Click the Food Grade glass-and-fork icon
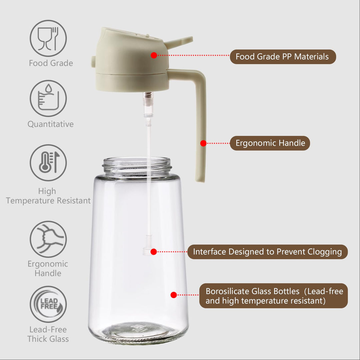(x=48, y=38)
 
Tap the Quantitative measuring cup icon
(x=48, y=98)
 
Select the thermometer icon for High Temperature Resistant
(x=48, y=163)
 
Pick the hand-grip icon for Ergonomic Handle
(x=48, y=239)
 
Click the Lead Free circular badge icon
(x=48, y=304)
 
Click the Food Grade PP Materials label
(x=282, y=57)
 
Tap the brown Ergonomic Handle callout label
(x=270, y=143)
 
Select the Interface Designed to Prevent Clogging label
(x=267, y=252)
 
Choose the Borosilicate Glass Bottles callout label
(x=274, y=296)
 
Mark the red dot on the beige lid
(x=154, y=55)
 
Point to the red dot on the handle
(x=203, y=143)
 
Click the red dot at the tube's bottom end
(x=154, y=252)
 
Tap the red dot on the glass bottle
(x=174, y=295)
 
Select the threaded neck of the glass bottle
(x=137, y=165)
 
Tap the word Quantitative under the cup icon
(x=50, y=124)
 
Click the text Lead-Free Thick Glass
(x=48, y=334)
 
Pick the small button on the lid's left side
(x=93, y=61)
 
